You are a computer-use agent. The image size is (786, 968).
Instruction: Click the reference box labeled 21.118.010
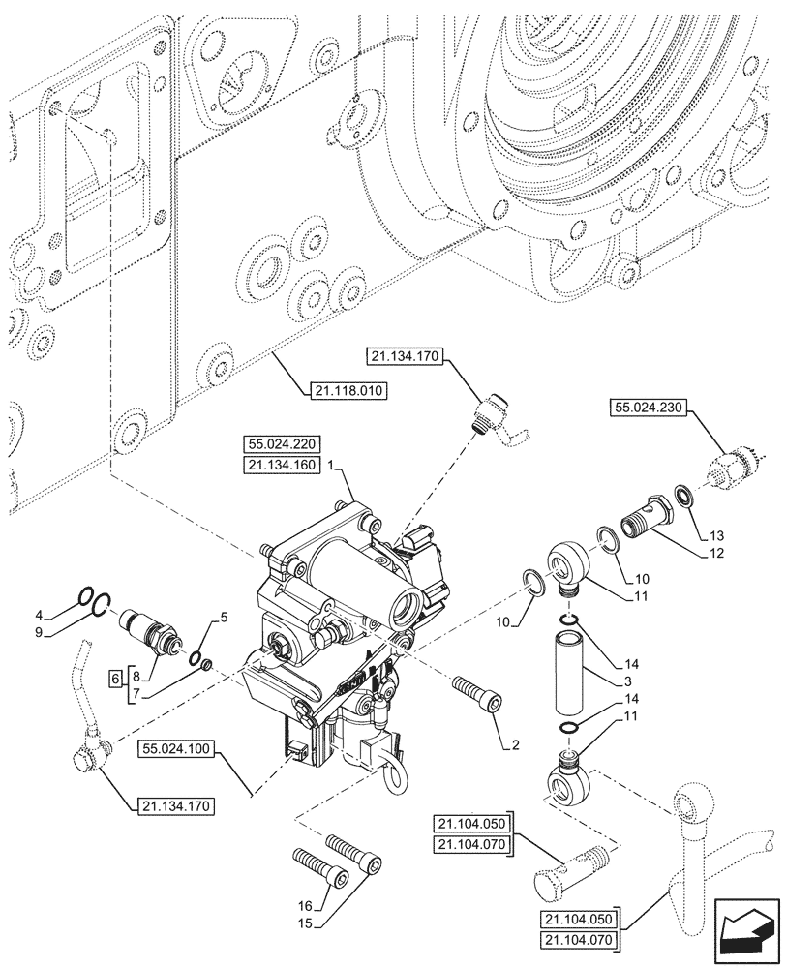point(348,391)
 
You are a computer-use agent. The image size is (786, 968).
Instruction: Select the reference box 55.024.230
point(648,408)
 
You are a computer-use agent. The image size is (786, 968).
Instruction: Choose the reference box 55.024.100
point(178,748)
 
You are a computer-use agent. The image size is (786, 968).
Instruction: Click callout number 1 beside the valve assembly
point(331,466)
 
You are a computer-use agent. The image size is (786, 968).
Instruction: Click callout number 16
point(306,905)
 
